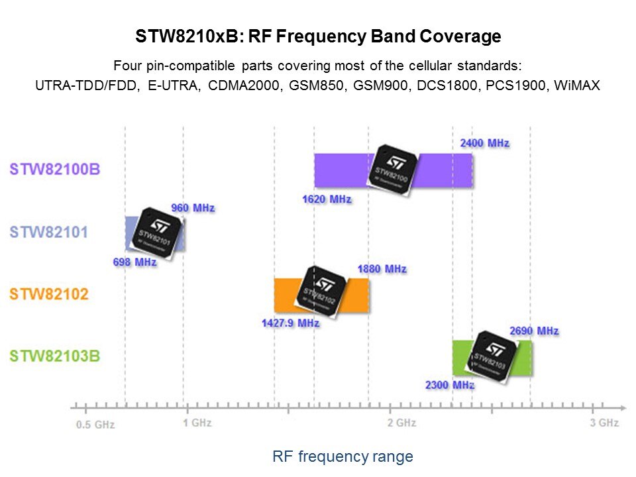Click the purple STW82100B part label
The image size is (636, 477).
tap(55, 169)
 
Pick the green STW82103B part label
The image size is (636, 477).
tap(55, 356)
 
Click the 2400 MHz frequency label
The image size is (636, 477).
tap(484, 143)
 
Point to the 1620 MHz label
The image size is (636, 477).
tap(327, 199)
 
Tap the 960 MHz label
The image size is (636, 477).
tap(193, 208)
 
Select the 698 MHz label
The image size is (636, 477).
tap(134, 262)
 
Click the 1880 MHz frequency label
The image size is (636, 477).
tap(382, 269)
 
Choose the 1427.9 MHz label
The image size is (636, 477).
tap(291, 323)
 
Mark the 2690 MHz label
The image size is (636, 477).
tap(534, 331)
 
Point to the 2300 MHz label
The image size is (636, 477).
tap(450, 385)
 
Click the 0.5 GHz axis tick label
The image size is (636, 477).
tap(95, 425)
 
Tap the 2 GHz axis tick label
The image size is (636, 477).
tap(401, 423)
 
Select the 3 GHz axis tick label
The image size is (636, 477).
tap(604, 423)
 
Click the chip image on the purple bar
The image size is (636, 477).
tap(393, 170)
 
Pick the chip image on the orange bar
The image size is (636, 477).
tap(321, 291)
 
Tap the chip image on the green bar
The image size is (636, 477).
tap(492, 357)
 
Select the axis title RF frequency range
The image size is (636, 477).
tap(343, 456)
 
